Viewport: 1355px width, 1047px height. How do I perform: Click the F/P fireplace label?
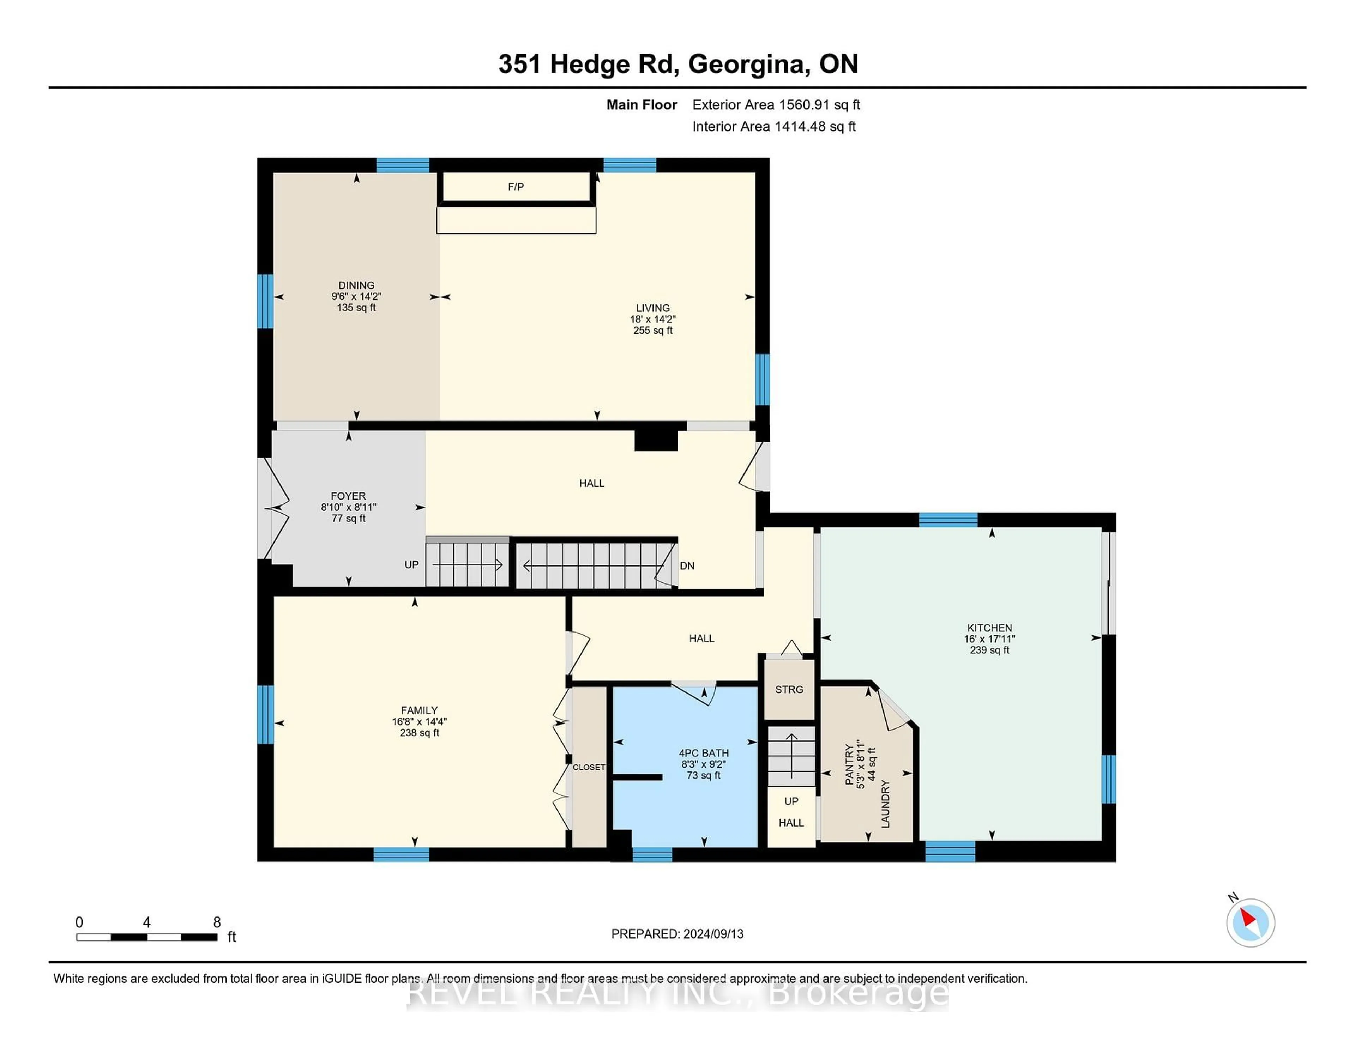[516, 187]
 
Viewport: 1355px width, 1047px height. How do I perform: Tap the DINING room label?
[356, 285]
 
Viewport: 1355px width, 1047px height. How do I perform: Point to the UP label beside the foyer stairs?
[411, 564]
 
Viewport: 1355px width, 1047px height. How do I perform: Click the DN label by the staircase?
[687, 566]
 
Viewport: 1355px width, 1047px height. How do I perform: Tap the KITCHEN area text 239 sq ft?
[989, 650]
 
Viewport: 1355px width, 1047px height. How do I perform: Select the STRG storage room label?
[789, 689]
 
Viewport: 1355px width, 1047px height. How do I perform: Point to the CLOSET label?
[588, 767]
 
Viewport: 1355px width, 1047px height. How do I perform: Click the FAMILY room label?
[420, 710]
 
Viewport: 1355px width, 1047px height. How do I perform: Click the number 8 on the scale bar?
[217, 922]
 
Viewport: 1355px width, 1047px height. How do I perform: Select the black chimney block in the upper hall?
[656, 440]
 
